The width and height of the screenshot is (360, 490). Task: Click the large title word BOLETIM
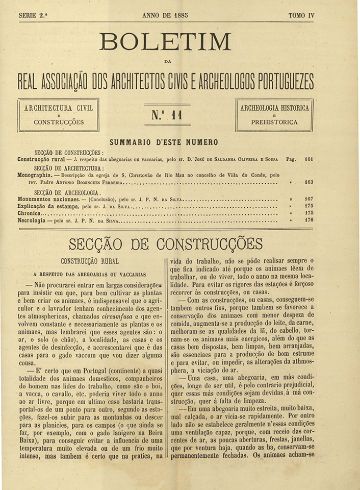166,41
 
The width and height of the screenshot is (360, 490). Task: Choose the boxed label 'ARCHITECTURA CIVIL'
58,108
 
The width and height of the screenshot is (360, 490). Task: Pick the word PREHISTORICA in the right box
274,122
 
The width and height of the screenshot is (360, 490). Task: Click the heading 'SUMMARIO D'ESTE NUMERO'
164,142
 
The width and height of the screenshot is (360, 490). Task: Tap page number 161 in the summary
308,159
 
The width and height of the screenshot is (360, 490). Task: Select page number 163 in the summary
308,182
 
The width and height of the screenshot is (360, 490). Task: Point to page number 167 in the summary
308,198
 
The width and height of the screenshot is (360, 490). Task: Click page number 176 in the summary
308,220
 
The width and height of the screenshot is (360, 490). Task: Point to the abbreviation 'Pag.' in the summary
291,159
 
